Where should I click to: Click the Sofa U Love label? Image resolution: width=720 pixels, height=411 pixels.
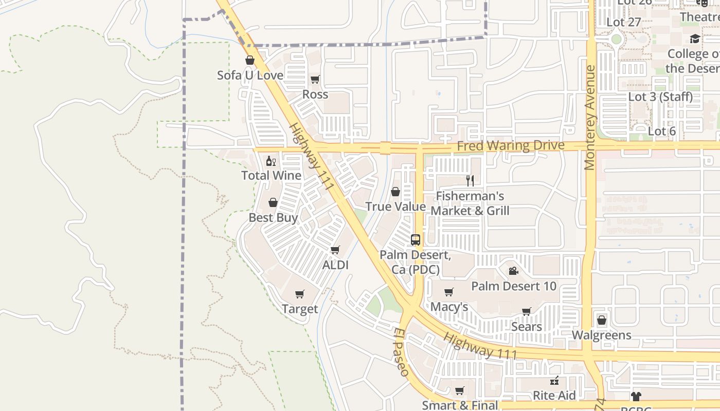click(x=250, y=75)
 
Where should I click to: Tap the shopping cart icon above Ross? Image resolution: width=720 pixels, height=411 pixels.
click(x=315, y=79)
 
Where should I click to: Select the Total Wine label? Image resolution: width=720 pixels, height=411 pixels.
click(x=271, y=175)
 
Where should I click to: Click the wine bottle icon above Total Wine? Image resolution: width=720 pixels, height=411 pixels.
click(x=271, y=161)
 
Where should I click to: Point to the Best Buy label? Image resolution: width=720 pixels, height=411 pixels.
click(x=273, y=217)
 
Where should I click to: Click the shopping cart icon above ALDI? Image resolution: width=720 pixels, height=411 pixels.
click(x=335, y=250)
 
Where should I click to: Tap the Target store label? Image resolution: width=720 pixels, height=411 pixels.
click(x=300, y=309)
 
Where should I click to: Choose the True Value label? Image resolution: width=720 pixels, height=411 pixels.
click(x=395, y=207)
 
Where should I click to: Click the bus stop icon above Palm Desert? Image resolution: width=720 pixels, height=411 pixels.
click(x=415, y=239)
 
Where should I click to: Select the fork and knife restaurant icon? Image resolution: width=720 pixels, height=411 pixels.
click(x=470, y=180)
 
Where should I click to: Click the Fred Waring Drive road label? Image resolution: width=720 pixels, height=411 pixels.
click(x=510, y=146)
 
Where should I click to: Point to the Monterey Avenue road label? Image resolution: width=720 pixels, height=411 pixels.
click(x=589, y=117)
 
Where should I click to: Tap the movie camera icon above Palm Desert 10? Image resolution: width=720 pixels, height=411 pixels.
click(x=513, y=271)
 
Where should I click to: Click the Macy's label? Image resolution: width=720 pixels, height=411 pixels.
click(x=449, y=307)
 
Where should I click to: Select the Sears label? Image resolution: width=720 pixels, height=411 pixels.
click(x=526, y=326)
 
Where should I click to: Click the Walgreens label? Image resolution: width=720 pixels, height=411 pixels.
click(x=601, y=335)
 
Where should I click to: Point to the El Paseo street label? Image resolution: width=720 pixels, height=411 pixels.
click(x=402, y=352)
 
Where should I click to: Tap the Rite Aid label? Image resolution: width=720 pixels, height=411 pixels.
click(x=554, y=395)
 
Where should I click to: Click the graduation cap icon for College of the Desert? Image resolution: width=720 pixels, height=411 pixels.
click(x=695, y=39)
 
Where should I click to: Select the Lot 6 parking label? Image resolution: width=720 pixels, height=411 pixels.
click(x=661, y=131)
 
